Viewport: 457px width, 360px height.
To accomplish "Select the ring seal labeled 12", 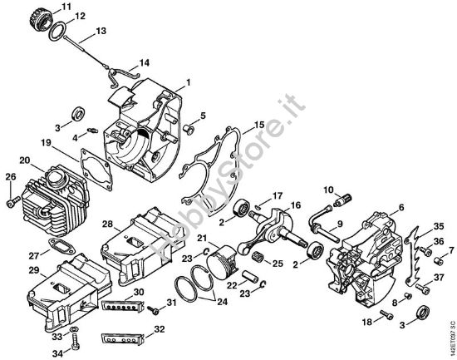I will (57, 32).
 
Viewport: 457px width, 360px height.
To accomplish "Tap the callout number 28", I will (108, 224).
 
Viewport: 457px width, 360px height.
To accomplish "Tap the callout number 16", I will (295, 205).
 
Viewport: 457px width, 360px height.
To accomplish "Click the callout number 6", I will (401, 207).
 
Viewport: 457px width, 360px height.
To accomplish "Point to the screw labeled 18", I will (385, 314).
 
